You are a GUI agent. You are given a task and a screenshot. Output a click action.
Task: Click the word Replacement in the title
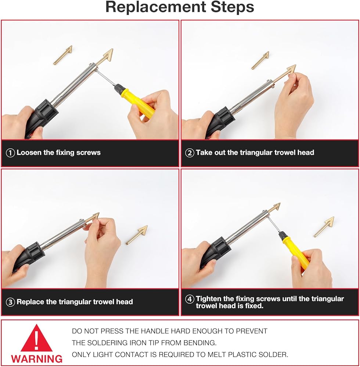pyautogui.click(x=156, y=7)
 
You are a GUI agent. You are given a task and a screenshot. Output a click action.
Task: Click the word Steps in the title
pyautogui.click(x=233, y=7)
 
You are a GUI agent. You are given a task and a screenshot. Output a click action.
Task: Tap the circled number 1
pyautogui.click(x=10, y=153)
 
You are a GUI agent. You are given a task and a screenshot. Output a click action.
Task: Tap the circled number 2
pyautogui.click(x=190, y=153)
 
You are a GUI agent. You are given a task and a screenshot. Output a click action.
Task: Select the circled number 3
pyautogui.click(x=10, y=302)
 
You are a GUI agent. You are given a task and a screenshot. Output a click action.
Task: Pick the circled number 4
pyautogui.click(x=190, y=299)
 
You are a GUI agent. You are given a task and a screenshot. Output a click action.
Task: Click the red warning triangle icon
pyautogui.click(x=36, y=338)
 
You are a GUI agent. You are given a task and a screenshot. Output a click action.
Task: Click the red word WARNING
pyautogui.click(x=37, y=359)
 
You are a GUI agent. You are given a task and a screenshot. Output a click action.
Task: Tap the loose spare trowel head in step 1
pyautogui.click(x=63, y=55)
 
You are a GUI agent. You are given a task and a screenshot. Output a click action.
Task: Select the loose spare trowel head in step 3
pyautogui.click(x=137, y=235)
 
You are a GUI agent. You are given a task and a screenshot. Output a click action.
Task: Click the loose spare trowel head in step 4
pyautogui.click(x=324, y=227)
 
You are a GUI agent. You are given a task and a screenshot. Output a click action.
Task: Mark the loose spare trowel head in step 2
pyautogui.click(x=260, y=61)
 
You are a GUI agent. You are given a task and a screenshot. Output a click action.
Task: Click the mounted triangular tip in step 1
pyautogui.click(x=105, y=57)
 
